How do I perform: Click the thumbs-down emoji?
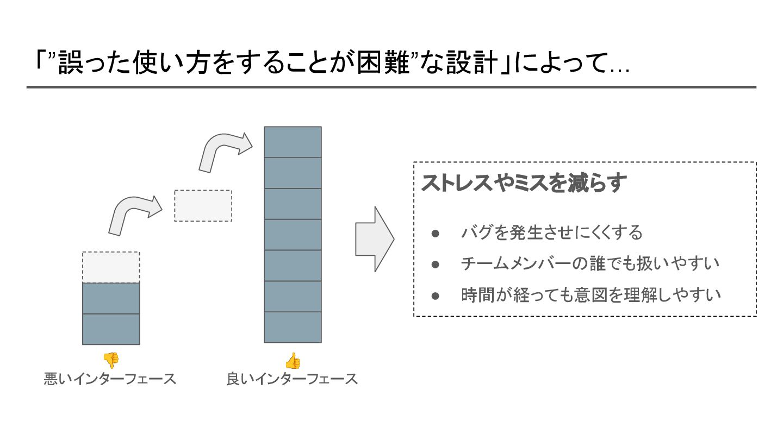click(111, 360)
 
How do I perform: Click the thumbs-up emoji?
click(293, 361)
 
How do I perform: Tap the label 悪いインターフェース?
click(110, 379)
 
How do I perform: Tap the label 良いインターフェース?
click(293, 379)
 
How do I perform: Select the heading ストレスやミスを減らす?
click(524, 183)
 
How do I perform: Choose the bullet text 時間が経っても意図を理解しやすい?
click(591, 296)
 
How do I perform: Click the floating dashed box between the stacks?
click(203, 206)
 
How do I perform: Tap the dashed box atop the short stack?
click(111, 267)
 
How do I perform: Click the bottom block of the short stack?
click(111, 329)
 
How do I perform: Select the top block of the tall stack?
click(293, 142)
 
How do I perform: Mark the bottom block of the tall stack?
click(293, 327)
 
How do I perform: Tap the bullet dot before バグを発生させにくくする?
click(435, 233)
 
